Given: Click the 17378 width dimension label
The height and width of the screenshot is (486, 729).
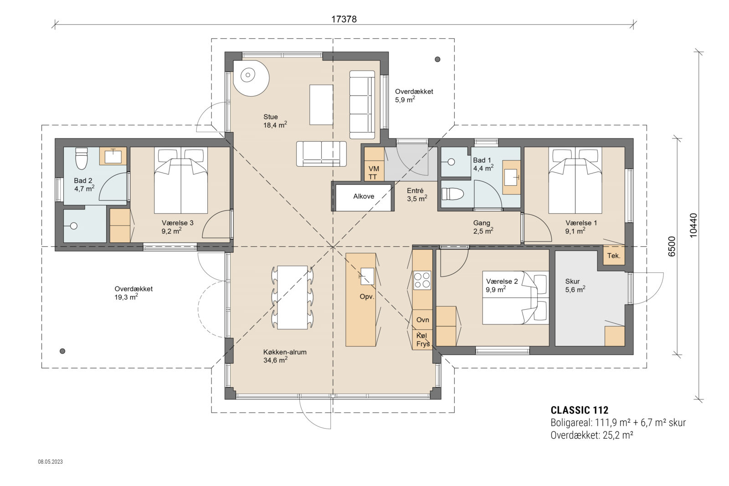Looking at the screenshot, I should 344,19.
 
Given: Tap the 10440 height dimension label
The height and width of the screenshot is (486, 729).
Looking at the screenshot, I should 693,225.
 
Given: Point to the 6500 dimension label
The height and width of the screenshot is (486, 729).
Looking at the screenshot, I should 672,246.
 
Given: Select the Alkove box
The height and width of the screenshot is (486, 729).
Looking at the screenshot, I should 364,196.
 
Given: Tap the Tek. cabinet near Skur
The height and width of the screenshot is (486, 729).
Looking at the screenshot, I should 614,256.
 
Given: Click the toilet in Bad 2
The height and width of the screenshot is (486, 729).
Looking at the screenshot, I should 82,158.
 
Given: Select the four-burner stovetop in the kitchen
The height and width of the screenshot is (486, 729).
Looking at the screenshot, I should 422,280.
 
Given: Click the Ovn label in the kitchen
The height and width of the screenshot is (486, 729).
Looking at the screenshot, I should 422,320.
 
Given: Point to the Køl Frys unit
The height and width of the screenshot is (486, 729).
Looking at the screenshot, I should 422,340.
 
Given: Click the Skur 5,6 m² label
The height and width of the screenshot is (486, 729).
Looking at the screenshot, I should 575,286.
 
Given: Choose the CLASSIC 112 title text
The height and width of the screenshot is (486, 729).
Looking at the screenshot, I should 579,410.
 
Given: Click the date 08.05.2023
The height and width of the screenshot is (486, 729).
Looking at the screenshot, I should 50,462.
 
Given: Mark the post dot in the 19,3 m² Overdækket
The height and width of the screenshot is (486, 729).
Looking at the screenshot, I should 62,351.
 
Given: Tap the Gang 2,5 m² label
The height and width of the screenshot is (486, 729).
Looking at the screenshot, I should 483,227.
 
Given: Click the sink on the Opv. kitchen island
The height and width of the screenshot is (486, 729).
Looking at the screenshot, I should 367,276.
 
